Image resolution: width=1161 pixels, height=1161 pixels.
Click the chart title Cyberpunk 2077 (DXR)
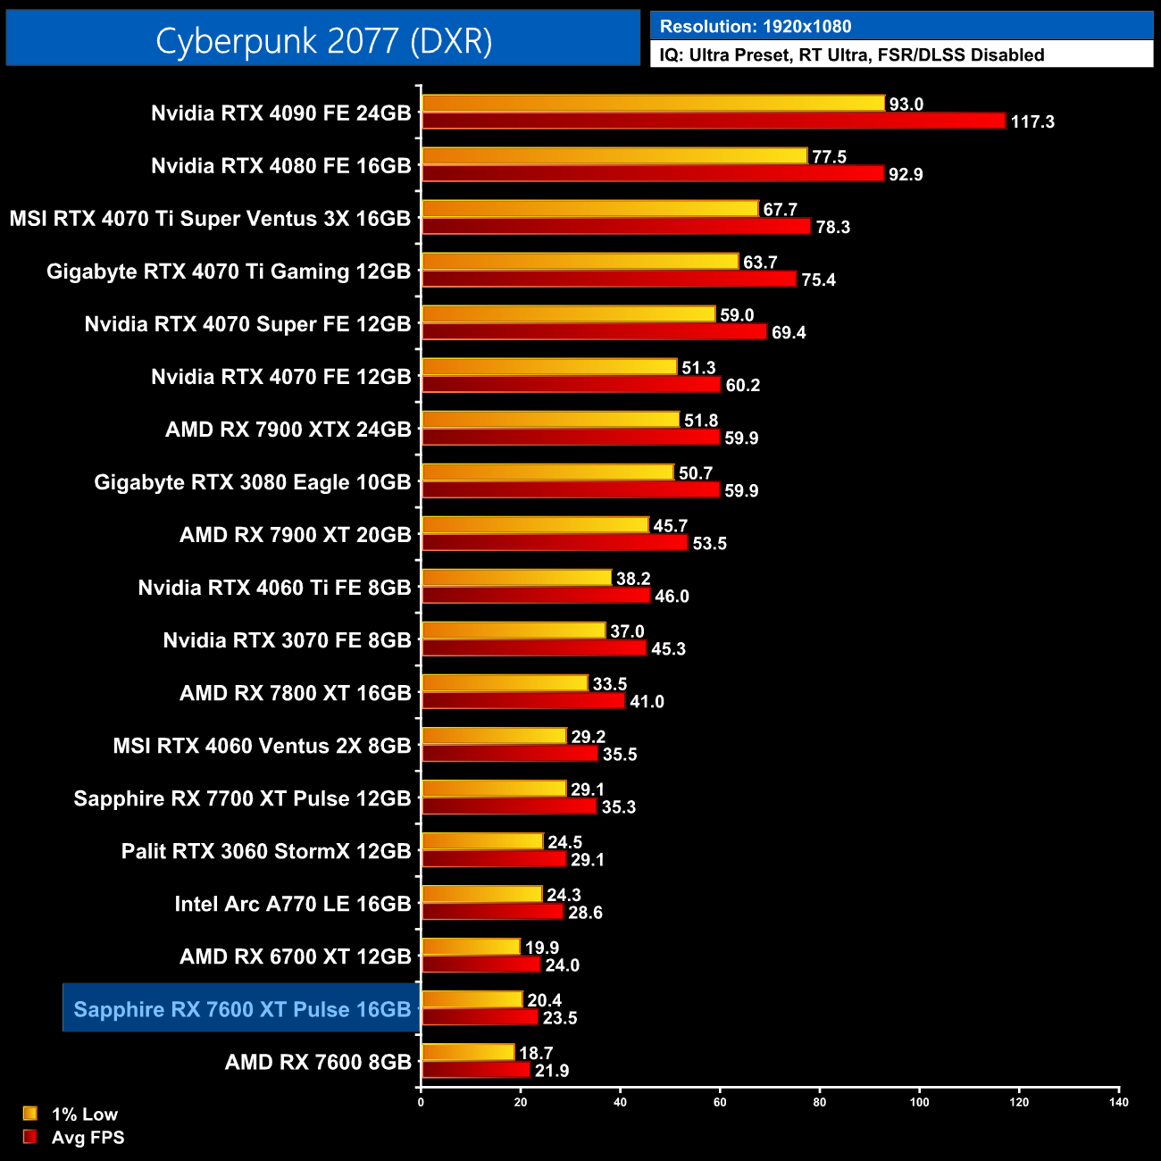point(323,41)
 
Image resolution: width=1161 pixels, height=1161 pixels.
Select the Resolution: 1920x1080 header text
point(755,27)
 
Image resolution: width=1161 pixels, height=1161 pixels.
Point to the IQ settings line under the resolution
point(851,55)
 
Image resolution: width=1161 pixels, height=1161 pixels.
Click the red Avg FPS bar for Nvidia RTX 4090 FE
point(713,121)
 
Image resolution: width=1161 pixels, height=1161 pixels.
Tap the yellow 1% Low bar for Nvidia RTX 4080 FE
point(614,156)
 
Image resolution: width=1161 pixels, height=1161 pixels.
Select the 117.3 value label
point(1032,121)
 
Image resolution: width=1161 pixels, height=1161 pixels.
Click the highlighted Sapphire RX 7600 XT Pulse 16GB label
point(242,1009)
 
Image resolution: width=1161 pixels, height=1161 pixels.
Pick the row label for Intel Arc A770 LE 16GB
point(293,904)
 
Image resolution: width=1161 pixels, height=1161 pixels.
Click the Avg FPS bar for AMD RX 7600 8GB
point(475,1070)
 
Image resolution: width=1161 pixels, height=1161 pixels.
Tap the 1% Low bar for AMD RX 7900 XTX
point(550,420)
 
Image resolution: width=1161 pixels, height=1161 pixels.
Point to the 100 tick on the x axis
point(919,1102)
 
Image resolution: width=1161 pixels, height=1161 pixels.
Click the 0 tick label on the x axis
point(421,1102)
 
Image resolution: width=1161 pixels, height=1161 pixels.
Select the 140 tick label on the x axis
point(1119,1102)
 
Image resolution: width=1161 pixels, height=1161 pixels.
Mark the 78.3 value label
point(832,227)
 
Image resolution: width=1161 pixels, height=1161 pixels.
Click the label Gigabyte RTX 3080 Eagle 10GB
point(253,482)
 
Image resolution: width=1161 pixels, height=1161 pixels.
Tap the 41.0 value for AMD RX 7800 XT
point(647,702)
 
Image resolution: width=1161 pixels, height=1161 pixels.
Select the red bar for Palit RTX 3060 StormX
point(494,859)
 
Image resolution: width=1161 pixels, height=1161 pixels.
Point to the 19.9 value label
point(542,948)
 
